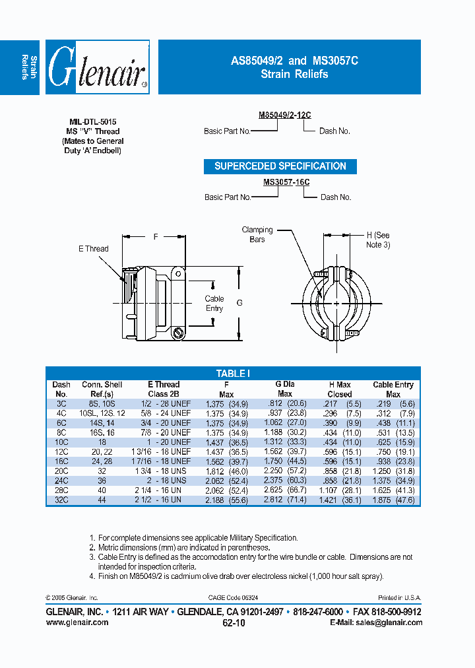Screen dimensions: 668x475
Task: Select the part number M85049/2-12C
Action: point(284,115)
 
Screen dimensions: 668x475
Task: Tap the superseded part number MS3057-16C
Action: point(286,182)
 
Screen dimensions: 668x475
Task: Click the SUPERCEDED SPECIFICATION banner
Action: point(280,166)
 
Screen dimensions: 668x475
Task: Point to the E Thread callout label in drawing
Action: point(93,249)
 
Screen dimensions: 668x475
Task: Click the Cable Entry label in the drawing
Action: point(214,304)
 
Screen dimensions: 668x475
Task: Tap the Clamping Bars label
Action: point(257,234)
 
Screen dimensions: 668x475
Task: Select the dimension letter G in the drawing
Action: point(239,303)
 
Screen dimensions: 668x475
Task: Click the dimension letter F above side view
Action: point(155,236)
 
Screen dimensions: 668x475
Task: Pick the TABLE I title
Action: point(233,374)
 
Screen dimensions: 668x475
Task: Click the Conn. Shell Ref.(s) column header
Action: point(102,389)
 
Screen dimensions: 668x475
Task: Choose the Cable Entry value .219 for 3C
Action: point(383,403)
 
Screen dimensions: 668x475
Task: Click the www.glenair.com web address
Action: point(77,622)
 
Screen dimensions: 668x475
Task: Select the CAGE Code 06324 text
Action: point(233,597)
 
